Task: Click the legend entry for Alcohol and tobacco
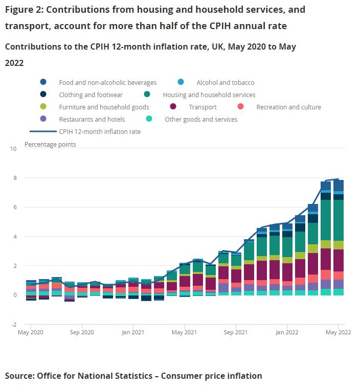[225, 82]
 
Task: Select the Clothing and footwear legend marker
[43, 95]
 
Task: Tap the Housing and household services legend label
[209, 95]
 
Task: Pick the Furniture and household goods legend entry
[104, 107]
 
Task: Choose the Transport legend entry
[202, 107]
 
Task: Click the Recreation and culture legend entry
[288, 107]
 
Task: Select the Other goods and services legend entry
[201, 119]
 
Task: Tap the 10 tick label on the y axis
[13, 149]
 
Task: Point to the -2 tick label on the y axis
[14, 325]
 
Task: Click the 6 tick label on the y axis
[15, 208]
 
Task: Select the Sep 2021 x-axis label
[236, 332]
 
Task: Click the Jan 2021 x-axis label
[133, 332]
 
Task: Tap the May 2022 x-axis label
[338, 332]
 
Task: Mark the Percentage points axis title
[50, 144]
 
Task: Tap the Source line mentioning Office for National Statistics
[133, 376]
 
